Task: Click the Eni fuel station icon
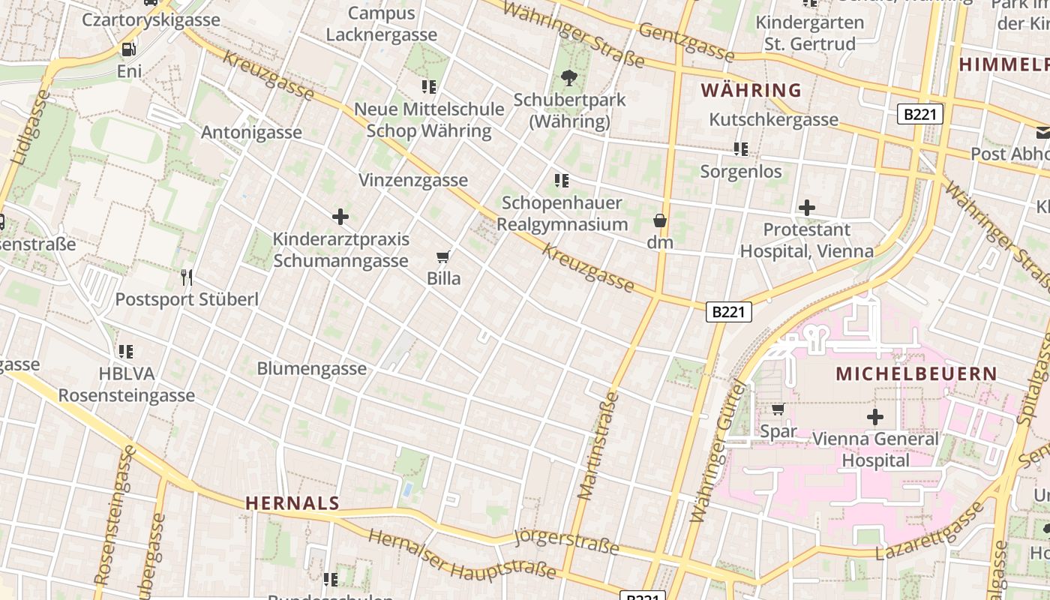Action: (129, 49)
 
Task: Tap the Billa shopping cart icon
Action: (443, 257)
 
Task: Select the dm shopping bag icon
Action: (660, 220)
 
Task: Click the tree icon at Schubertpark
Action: (569, 77)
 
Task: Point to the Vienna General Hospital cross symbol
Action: (874, 417)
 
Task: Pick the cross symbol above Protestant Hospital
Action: (807, 207)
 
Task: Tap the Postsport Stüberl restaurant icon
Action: (187, 277)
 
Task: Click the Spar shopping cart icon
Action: (778, 409)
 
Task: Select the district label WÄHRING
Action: (751, 91)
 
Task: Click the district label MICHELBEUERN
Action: (916, 373)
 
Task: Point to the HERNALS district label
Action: (292, 503)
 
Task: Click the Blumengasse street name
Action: (311, 368)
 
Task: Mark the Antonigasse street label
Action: (251, 132)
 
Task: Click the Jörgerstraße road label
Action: (567, 541)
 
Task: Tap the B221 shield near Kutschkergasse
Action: (919, 115)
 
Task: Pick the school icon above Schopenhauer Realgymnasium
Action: (561, 181)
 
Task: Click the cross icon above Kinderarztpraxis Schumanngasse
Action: (340, 217)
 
